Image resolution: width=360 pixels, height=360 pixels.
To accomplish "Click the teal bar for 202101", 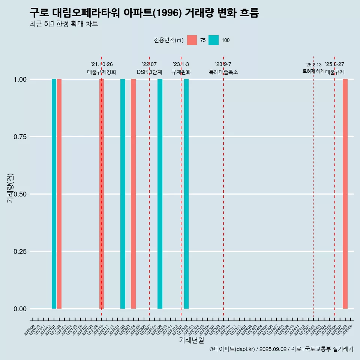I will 54,194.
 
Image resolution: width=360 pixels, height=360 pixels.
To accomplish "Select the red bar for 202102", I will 59,194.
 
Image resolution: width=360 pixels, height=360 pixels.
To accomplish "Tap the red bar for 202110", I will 102,194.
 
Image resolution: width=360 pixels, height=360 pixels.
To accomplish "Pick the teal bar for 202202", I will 123,194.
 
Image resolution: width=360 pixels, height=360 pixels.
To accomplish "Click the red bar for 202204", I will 133,194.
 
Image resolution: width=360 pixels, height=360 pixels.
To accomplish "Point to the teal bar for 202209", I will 160,194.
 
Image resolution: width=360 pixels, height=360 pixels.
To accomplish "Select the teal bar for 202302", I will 186,194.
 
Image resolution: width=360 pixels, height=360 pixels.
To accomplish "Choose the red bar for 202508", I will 345,194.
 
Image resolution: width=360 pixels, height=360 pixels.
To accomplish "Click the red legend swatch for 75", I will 192,40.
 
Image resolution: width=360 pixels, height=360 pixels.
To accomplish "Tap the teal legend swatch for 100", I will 213,40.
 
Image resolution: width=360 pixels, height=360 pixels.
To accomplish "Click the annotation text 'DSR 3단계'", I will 149,72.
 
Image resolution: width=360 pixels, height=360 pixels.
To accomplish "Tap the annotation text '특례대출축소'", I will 223,72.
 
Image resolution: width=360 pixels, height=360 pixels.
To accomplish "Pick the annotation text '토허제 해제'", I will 313,71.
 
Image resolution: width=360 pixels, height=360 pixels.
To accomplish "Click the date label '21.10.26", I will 102,64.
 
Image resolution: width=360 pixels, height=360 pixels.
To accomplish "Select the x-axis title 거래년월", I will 191,340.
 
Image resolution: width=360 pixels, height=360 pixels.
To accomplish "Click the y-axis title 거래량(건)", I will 10,187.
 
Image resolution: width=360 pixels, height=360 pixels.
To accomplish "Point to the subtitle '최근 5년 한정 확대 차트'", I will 64,24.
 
